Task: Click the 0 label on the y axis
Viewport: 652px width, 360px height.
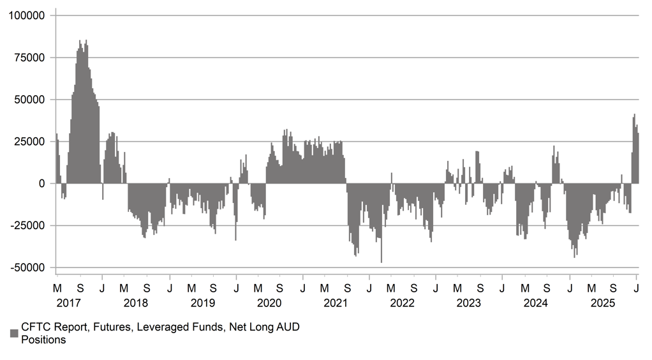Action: click(41, 184)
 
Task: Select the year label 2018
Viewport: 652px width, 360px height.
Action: click(136, 303)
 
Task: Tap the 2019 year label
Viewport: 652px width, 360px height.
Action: click(202, 303)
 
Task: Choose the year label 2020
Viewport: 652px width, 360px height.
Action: click(269, 303)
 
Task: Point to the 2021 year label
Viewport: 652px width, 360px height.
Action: click(336, 303)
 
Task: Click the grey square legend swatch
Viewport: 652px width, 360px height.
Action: click(14, 333)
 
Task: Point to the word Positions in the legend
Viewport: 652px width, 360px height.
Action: click(44, 340)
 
